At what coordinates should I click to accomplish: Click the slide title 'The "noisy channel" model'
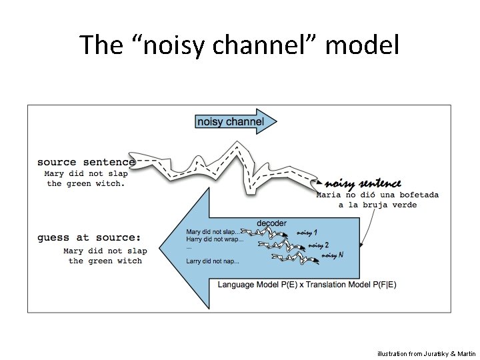239,45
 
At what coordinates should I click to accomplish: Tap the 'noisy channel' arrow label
230,121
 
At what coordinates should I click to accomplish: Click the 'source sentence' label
86,161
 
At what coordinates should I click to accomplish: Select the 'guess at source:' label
89,237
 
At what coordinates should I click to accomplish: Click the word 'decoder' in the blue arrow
271,223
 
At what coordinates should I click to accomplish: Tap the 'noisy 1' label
308,232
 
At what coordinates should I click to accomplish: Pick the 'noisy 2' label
319,245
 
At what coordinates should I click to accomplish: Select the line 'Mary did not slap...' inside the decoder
213,232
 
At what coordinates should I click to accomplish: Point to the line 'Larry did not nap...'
213,261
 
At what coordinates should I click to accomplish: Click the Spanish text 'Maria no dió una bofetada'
377,195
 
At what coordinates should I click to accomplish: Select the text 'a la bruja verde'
377,205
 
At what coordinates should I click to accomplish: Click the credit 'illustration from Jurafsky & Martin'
427,353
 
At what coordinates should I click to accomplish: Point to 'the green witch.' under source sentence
86,184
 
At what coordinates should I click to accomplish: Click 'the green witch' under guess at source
105,261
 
